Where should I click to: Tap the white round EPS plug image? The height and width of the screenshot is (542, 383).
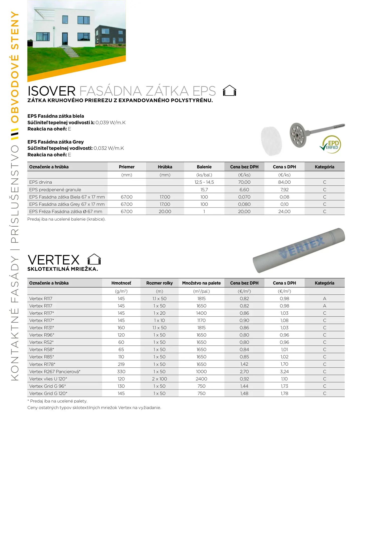(271, 141)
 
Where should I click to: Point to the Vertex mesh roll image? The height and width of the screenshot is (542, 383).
(299, 250)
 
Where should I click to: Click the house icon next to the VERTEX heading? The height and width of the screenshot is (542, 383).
(94, 259)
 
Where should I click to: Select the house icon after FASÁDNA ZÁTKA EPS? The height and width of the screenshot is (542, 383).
(229, 91)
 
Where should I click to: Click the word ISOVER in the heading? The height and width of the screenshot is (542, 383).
(52, 91)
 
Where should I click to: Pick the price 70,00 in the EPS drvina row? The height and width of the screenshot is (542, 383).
(244, 182)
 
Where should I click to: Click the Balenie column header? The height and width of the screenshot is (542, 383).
(204, 167)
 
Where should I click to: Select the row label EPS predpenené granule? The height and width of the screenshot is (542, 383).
(55, 190)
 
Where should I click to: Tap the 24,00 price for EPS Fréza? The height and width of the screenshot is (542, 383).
(284, 212)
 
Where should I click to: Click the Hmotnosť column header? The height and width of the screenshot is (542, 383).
(121, 283)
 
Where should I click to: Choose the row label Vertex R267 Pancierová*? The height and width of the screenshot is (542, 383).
(55, 372)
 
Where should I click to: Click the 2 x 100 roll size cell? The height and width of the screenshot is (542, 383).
(159, 379)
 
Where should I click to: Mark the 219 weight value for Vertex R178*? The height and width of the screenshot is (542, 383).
(121, 364)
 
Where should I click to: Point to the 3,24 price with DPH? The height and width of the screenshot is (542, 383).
(284, 372)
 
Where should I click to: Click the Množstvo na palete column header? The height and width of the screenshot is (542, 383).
(201, 283)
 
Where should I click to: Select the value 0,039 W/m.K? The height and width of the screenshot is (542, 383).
(110, 123)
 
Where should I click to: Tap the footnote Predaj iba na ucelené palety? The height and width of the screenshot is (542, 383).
(57, 401)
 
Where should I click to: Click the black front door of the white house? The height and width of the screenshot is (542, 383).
(65, 39)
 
